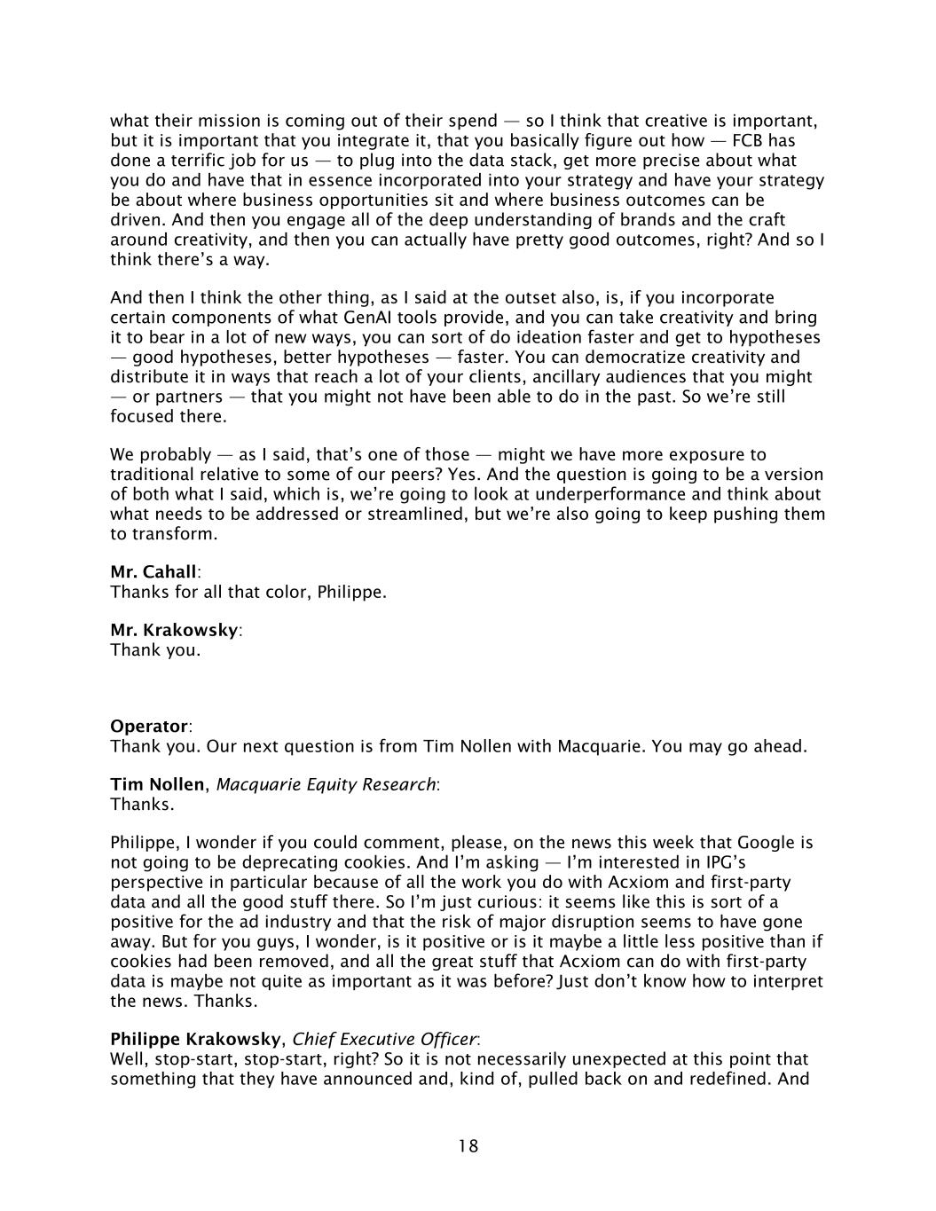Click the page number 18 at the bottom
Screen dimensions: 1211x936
coord(468,1146)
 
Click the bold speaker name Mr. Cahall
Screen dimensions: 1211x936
coord(153,571)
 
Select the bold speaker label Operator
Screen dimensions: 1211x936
coord(148,726)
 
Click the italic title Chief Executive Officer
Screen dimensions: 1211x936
coord(384,1039)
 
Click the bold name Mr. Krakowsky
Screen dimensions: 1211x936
coord(174,630)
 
